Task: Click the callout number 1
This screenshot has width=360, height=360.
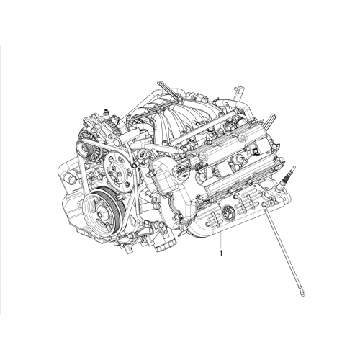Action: tap(220, 253)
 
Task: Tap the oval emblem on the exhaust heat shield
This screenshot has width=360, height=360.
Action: tap(228, 212)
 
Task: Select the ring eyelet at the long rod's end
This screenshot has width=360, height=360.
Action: tap(305, 292)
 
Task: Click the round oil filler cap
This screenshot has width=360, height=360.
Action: tap(181, 170)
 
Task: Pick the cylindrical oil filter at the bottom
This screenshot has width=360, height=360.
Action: tap(165, 246)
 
